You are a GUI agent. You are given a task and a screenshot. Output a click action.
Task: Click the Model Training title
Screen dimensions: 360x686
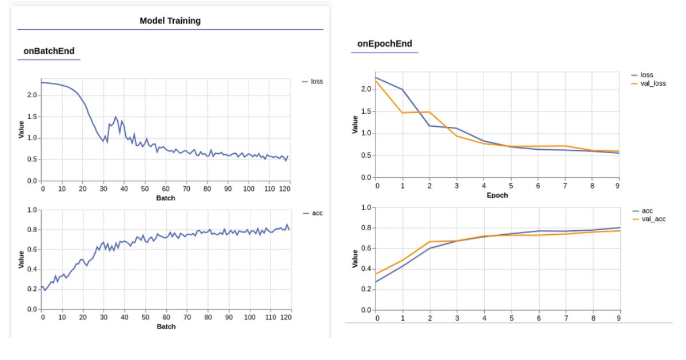[x=170, y=21]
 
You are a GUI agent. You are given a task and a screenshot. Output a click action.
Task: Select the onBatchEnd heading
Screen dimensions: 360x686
[x=49, y=51]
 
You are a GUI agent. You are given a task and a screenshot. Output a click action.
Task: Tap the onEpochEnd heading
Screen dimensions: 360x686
[x=385, y=44]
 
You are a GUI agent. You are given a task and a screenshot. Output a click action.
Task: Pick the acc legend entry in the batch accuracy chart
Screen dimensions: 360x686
[x=317, y=213]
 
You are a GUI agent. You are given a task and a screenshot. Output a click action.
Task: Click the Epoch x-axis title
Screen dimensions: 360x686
[x=497, y=195]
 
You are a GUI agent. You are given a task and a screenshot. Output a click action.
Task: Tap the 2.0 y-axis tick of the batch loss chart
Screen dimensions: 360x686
[x=32, y=95]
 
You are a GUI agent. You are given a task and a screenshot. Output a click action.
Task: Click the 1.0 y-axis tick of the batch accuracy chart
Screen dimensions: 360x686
[x=32, y=210]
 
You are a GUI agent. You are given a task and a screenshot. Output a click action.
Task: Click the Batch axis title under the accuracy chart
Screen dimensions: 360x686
[x=166, y=327]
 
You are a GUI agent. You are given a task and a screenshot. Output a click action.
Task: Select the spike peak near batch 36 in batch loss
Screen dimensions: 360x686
[x=115, y=117]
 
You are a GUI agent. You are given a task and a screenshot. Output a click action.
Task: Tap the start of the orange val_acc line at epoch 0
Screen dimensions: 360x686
[x=377, y=274]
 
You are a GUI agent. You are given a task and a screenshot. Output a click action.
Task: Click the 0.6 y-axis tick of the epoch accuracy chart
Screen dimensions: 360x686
[x=366, y=249]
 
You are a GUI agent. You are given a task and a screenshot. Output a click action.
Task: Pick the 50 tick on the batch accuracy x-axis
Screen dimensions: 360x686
[x=145, y=317]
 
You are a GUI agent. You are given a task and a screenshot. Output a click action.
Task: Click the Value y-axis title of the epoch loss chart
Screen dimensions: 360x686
[x=356, y=125]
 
